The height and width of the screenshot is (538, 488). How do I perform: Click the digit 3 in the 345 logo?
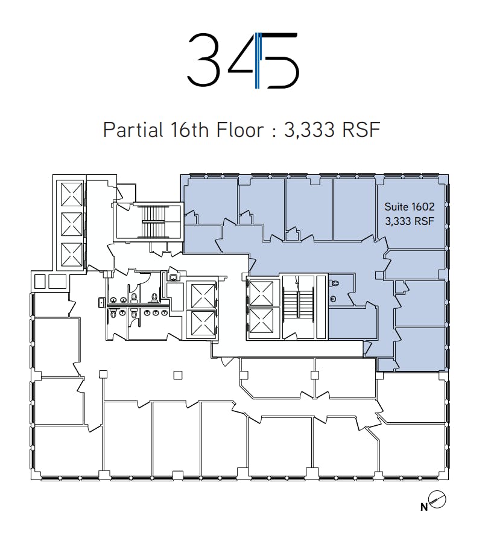pos(203,59)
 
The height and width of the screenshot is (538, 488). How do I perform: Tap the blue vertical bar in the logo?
pos(258,60)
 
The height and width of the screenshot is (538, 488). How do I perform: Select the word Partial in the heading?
pos(133,130)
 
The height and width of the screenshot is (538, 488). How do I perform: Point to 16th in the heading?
pos(189,130)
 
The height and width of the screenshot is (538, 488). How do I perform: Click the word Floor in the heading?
pos(240,130)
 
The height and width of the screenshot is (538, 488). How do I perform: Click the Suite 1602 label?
pos(410,206)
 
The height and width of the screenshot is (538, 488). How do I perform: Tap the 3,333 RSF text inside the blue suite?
pos(410,221)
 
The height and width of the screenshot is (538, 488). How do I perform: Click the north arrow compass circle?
pos(437,499)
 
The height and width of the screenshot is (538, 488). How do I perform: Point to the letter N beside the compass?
pos(424,507)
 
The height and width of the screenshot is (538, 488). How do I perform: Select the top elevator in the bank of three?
pos(72,194)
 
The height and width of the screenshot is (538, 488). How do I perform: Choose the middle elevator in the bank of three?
pos(72,224)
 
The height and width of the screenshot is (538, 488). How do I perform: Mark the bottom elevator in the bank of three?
pos(72,255)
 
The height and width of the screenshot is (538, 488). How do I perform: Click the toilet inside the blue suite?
pos(334,283)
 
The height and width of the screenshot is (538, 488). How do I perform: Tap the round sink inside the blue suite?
pos(332,299)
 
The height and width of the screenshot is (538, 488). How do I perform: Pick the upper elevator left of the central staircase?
pos(262,293)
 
